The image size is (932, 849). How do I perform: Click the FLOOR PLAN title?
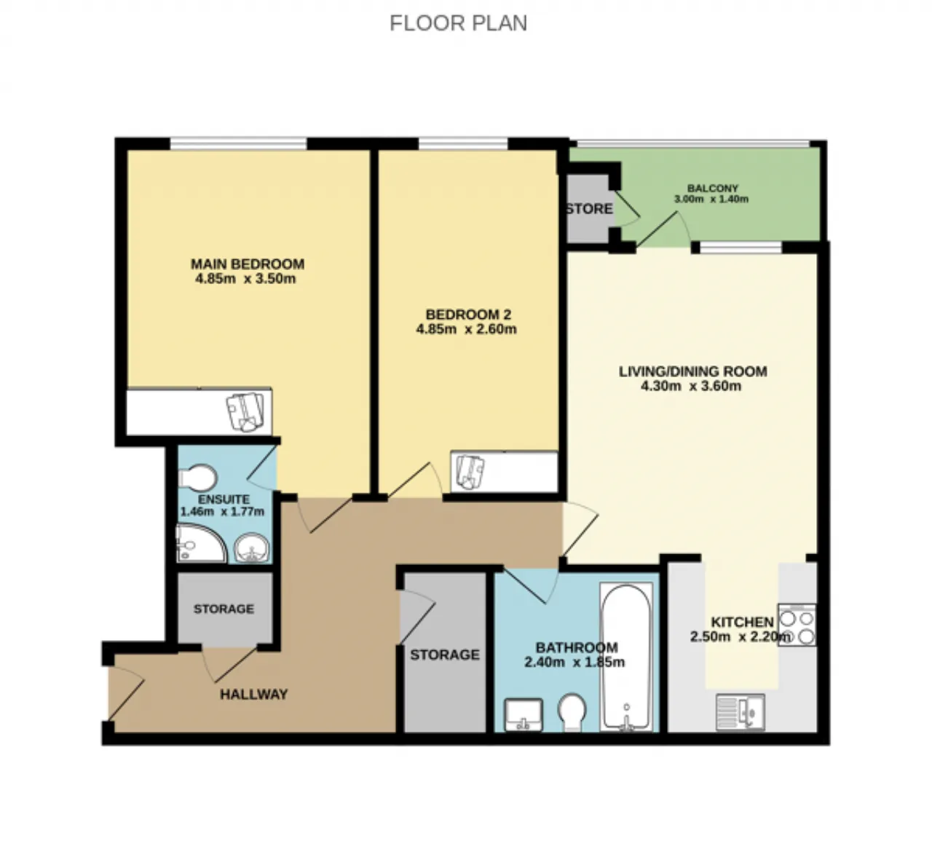tap(458, 23)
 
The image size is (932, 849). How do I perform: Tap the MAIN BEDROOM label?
tap(248, 264)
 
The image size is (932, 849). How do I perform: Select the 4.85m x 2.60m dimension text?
tap(466, 329)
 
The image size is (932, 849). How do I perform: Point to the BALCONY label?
tap(713, 188)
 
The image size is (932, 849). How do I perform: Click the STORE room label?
tap(589, 209)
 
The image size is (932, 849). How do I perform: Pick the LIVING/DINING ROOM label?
tap(692, 371)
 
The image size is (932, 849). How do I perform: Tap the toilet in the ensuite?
tap(198, 477)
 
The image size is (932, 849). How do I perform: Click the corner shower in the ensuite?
tap(201, 543)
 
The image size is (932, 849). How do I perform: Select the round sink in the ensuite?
tap(251, 548)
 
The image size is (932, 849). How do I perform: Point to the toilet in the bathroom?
tap(572, 713)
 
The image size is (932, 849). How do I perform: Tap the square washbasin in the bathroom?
tap(524, 715)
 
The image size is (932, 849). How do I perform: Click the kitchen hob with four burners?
tap(797, 625)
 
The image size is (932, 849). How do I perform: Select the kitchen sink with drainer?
tap(741, 712)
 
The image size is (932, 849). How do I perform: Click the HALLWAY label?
tap(253, 694)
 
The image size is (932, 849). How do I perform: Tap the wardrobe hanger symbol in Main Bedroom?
tap(245, 411)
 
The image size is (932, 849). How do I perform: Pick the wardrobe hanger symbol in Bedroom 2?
tap(470, 472)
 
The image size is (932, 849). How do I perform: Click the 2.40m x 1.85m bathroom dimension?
tap(574, 662)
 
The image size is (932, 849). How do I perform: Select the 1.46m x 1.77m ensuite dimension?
tap(222, 512)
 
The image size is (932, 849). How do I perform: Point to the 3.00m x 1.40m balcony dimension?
tap(711, 199)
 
